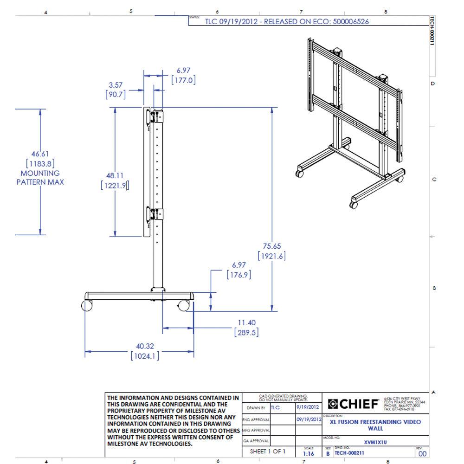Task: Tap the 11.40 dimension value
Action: (246, 322)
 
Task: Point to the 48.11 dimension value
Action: (115, 176)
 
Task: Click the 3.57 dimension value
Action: (116, 85)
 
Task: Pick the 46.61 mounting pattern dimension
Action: (40, 154)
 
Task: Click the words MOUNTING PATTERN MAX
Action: (40, 178)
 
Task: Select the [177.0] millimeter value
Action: (184, 80)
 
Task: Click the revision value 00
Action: (422, 454)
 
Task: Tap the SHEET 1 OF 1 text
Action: (268, 451)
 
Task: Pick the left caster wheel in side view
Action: (87, 306)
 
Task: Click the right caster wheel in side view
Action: (184, 306)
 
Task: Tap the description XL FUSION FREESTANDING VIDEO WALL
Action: (375, 425)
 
